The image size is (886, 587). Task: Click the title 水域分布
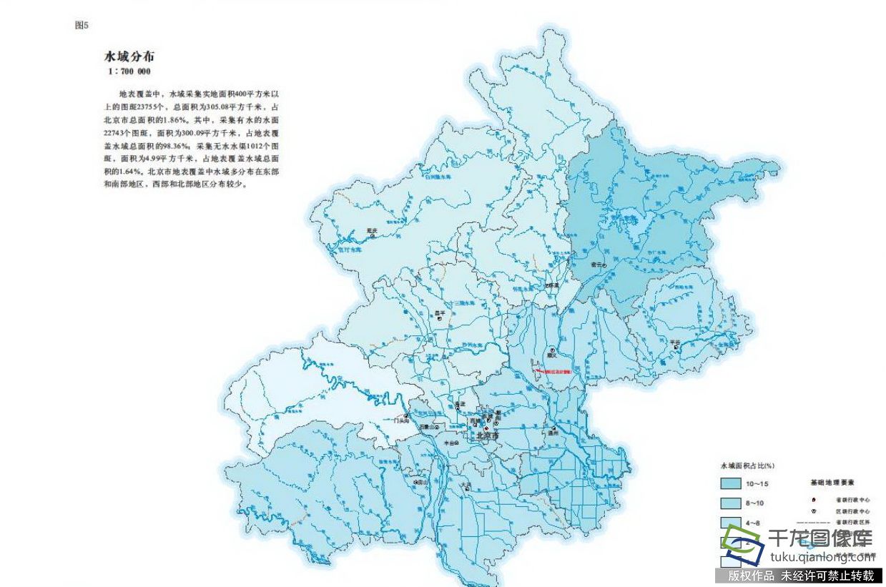coord(129,56)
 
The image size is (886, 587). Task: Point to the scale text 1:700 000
coord(129,71)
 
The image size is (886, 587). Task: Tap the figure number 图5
coord(81,26)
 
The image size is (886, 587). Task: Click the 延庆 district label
coord(371,230)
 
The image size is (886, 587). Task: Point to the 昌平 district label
coord(440,312)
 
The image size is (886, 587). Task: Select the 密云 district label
coord(596,265)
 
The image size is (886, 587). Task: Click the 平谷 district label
coord(674,342)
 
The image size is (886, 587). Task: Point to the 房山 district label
coord(422,482)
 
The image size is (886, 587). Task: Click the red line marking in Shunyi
coord(555,372)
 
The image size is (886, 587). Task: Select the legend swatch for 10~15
coord(730,483)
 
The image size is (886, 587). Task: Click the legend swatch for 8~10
coord(730,503)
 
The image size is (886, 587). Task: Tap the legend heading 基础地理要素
coord(832,483)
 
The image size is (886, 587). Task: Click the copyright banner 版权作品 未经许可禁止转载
coord(800,576)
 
